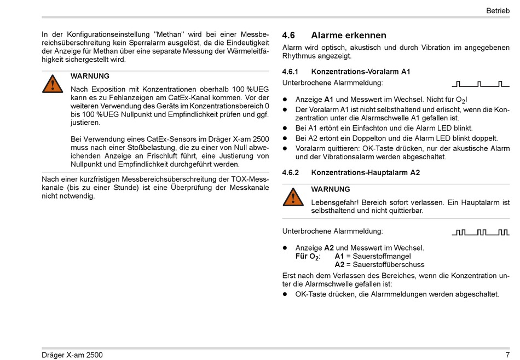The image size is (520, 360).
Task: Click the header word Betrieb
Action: [x=498, y=10]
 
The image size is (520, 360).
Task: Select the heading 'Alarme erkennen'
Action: [x=349, y=36]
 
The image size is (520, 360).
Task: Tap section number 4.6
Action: [x=288, y=36]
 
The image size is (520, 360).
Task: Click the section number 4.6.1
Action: [x=290, y=72]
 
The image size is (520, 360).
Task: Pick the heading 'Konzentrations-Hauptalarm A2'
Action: [x=365, y=172]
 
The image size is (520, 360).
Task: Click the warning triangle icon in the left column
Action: [x=53, y=83]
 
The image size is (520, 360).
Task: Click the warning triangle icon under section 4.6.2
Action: [x=293, y=196]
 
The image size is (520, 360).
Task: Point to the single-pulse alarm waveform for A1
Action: [x=481, y=84]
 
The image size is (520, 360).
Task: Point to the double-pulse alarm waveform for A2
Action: [x=481, y=233]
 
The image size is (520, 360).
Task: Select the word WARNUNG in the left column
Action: [x=90, y=76]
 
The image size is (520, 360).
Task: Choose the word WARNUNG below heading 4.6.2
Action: [x=330, y=189]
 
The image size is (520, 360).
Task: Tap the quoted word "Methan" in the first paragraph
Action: [x=169, y=34]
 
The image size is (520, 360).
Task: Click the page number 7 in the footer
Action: [x=507, y=355]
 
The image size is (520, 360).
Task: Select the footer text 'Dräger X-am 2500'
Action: [x=72, y=355]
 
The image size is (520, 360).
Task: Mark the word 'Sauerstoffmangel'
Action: [x=382, y=256]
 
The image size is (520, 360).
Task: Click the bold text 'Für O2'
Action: [x=307, y=257]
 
